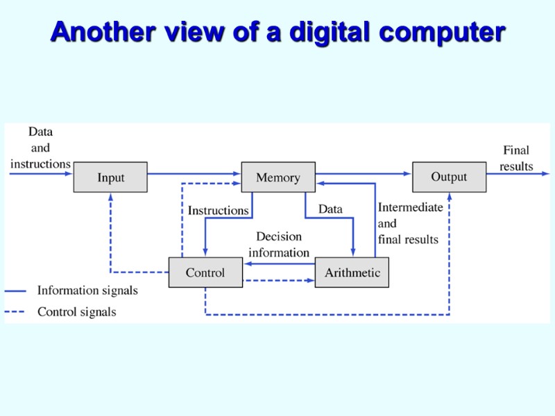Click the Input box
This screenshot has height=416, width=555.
click(110, 177)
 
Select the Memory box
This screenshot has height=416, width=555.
click(277, 177)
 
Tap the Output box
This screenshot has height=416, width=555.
click(449, 177)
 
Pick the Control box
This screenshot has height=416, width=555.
click(205, 272)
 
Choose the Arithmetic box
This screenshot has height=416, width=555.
click(352, 272)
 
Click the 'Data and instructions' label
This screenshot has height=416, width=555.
click(40, 148)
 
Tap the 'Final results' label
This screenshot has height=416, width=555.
click(516, 158)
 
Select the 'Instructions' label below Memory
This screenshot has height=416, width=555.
click(218, 210)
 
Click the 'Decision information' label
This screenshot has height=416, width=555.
click(279, 245)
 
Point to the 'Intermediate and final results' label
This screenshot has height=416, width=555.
click(409, 223)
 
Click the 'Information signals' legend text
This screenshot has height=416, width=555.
click(87, 291)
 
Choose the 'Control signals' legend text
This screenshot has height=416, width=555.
click(76, 312)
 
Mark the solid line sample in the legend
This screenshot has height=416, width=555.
click(15, 291)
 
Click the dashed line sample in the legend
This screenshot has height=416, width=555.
click(15, 312)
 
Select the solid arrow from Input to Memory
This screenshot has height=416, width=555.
click(194, 173)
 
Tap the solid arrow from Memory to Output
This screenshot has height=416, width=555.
click(364, 173)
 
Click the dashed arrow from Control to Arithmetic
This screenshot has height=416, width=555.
click(277, 281)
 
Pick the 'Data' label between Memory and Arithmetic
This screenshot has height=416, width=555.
click(330, 209)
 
